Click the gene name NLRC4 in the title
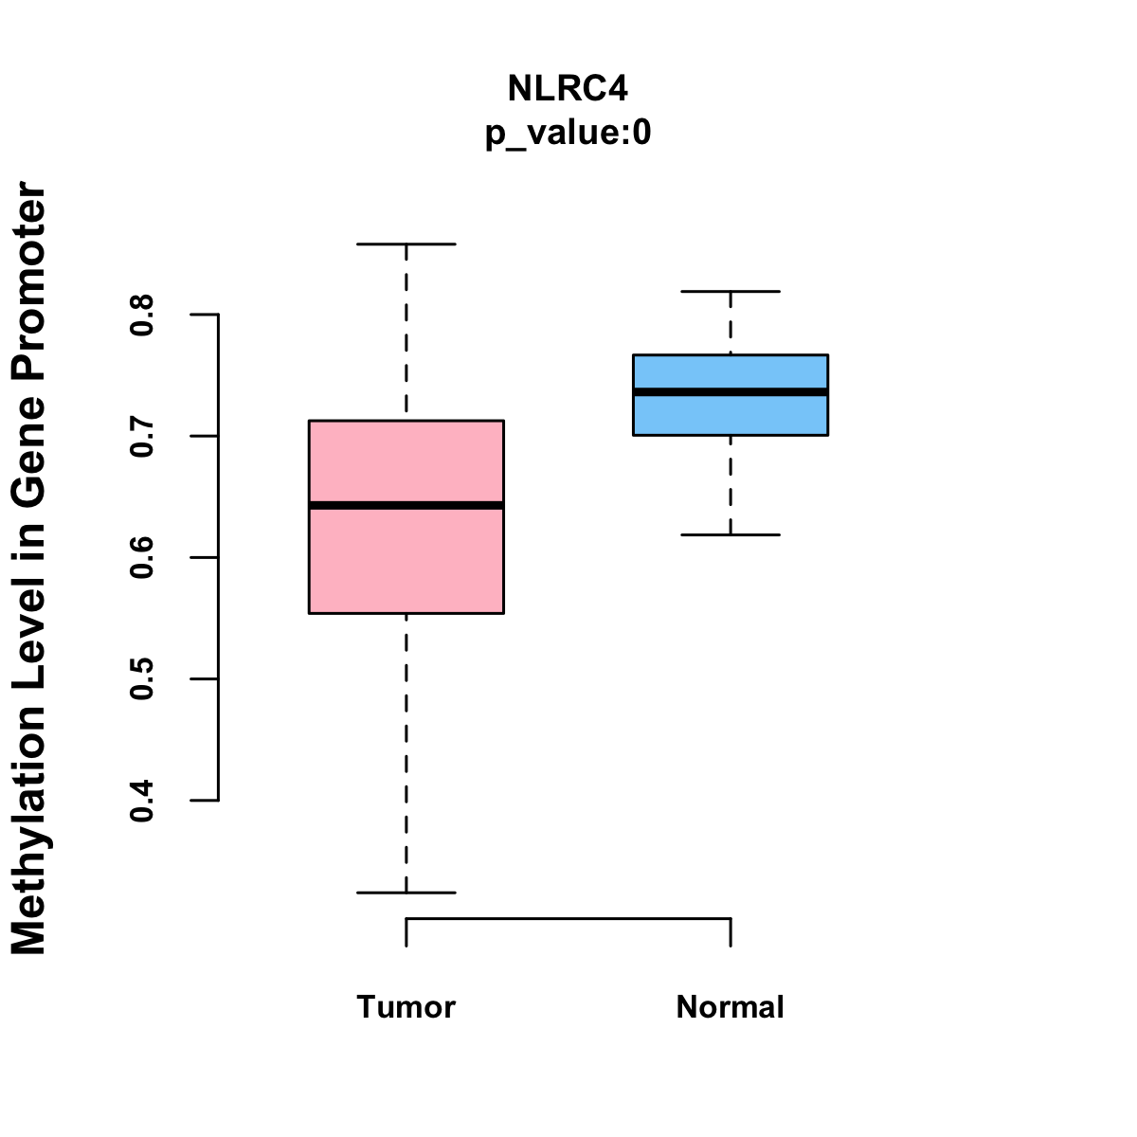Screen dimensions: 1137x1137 pos(568,88)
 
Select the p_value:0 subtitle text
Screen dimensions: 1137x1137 pos(568,134)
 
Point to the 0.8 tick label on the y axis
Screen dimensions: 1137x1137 pos(142,315)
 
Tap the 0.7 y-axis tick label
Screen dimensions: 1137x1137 pos(142,436)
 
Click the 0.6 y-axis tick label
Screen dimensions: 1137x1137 pos(142,557)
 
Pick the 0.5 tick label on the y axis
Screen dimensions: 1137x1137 pos(142,678)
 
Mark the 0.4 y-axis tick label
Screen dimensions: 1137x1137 pos(142,801)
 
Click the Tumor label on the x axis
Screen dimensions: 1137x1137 pos(406,1006)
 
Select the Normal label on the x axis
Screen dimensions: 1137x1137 pos(730,1006)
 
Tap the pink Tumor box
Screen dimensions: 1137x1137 pos(406,559)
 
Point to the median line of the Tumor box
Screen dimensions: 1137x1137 pos(406,505)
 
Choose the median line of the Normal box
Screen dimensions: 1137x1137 pos(731,391)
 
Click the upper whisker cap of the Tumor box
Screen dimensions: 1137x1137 pos(406,244)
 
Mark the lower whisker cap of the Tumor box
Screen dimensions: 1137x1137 pos(406,893)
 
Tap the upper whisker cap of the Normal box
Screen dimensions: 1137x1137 pos(731,292)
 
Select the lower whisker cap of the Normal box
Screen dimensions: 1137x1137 pos(731,535)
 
